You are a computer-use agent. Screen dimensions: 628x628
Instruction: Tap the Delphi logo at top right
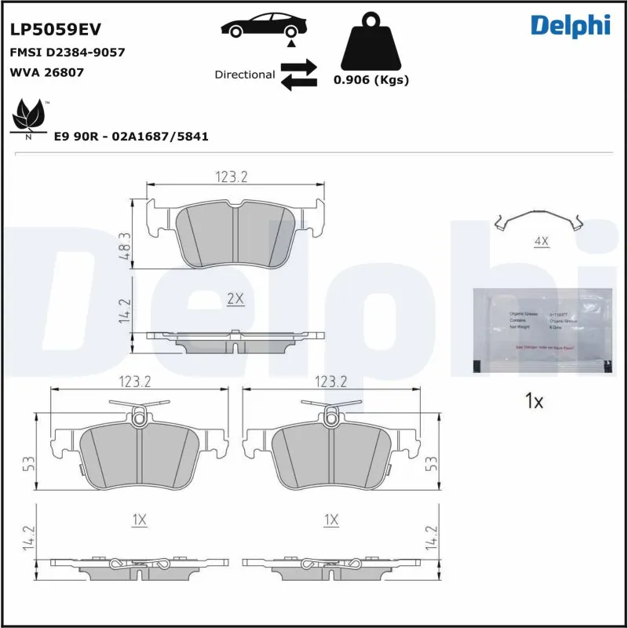click(570, 25)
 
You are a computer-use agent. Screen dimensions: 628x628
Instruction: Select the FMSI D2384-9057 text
click(67, 53)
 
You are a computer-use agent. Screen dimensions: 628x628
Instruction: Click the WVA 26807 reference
click(46, 72)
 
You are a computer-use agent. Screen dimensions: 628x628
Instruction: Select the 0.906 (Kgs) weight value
click(371, 80)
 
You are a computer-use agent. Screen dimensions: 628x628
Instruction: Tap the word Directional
click(244, 75)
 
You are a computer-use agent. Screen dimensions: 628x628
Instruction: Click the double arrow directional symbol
click(298, 74)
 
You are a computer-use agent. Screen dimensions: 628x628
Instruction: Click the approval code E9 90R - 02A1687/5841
click(130, 136)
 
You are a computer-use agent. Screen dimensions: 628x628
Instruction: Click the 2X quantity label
click(235, 299)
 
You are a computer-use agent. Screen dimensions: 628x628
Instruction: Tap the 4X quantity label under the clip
click(541, 242)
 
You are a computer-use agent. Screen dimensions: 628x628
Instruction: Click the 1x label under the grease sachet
click(534, 402)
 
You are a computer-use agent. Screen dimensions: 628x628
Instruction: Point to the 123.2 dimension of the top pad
click(232, 177)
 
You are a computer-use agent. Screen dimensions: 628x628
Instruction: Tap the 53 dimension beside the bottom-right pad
click(429, 464)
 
